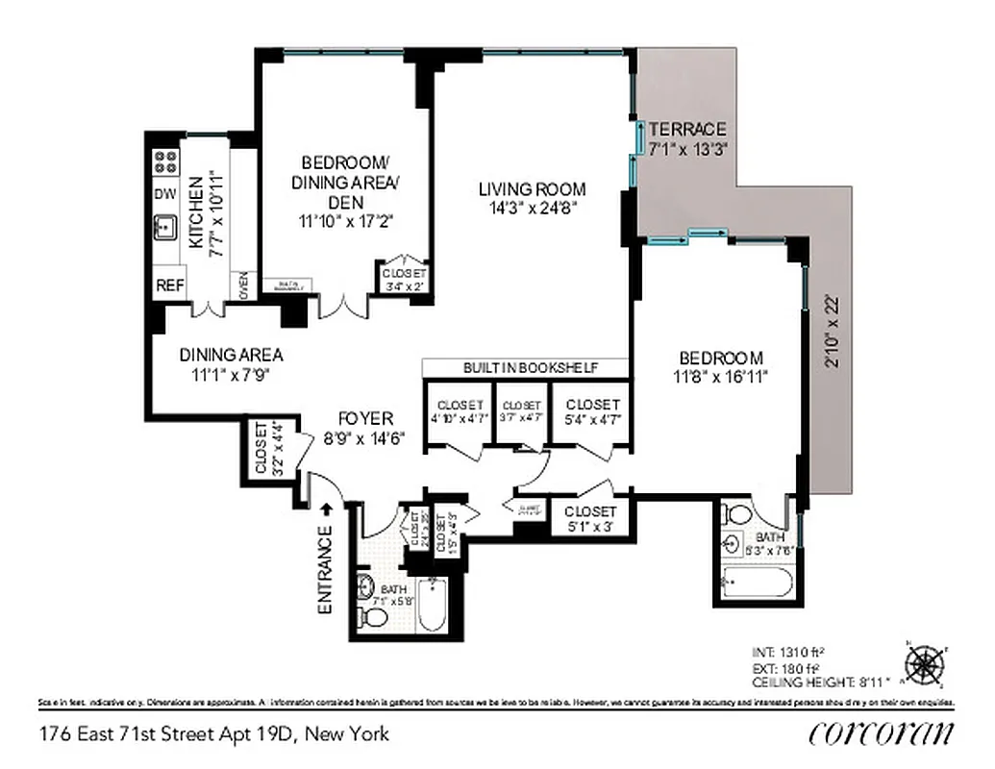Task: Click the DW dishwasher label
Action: coord(164,194)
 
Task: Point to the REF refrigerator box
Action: coord(169,285)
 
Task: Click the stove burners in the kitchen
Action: coord(165,161)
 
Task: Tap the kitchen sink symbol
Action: coord(165,228)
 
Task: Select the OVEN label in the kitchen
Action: coord(243,285)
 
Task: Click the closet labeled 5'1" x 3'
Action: coord(590,518)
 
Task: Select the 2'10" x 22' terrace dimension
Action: coord(833,332)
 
